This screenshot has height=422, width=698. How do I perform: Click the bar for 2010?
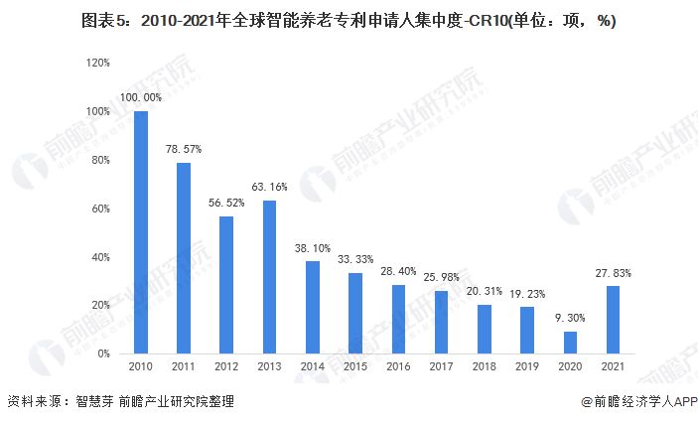coord(141,232)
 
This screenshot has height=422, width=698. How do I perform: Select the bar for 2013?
coord(269,277)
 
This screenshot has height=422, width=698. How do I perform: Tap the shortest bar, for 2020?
coord(570,342)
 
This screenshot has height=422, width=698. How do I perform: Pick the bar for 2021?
coord(614,320)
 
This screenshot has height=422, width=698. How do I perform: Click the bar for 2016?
coord(398,319)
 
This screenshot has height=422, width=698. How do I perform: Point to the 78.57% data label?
coord(184,149)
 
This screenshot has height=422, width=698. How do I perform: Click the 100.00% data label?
coord(141,97)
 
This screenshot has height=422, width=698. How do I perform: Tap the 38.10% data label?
coord(313,248)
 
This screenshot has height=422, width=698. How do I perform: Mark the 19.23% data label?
coord(527,294)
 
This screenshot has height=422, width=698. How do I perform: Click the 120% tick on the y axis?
coord(98,63)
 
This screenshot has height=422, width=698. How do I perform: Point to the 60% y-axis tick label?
coord(101,209)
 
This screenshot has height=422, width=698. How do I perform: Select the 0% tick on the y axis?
coord(104,353)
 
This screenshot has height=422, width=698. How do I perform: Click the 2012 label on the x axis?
coord(226,368)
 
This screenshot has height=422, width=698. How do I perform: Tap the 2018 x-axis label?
coord(485,368)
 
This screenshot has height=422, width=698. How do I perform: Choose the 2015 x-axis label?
coord(355,368)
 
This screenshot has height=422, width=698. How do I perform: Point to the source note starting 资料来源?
coord(120,402)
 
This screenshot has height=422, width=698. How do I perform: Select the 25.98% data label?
coord(442,277)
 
